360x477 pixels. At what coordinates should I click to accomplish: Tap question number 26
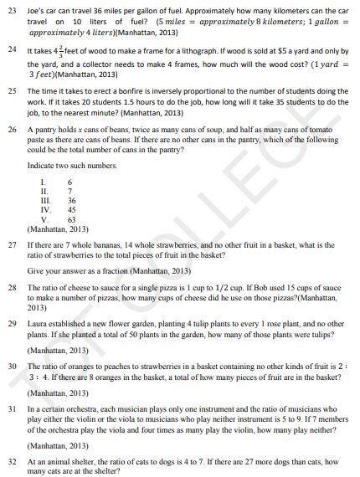click(x=11, y=132)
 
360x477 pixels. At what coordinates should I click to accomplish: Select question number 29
click(x=11, y=322)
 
